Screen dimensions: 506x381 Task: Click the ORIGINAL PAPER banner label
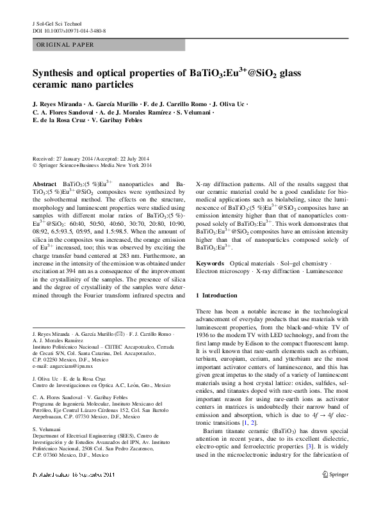coord(64,45)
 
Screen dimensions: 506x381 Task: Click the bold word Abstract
coord(44,183)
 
